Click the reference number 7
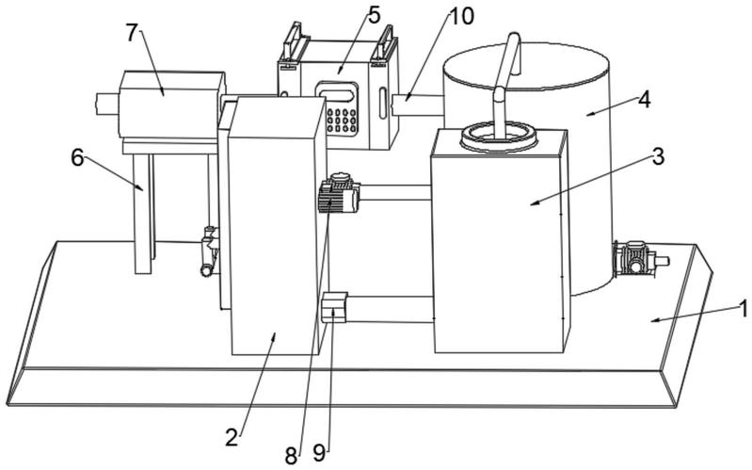pyautogui.click(x=133, y=32)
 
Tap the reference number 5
pyautogui.click(x=374, y=15)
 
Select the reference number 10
pyautogui.click(x=461, y=16)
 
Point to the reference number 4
pyautogui.click(x=644, y=100)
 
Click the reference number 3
pyautogui.click(x=658, y=156)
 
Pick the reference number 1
pyautogui.click(x=743, y=309)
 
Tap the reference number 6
pyautogui.click(x=78, y=157)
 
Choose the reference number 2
pyautogui.click(x=232, y=437)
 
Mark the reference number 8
pyautogui.click(x=291, y=456)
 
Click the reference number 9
pyautogui.click(x=319, y=452)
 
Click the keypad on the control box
pyautogui.click(x=342, y=120)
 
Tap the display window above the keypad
pyautogui.click(x=338, y=92)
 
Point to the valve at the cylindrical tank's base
pyautogui.click(x=637, y=259)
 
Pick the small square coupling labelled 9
pyautogui.click(x=334, y=307)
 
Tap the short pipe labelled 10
pyautogui.click(x=417, y=105)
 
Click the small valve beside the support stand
pyautogui.click(x=209, y=251)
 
